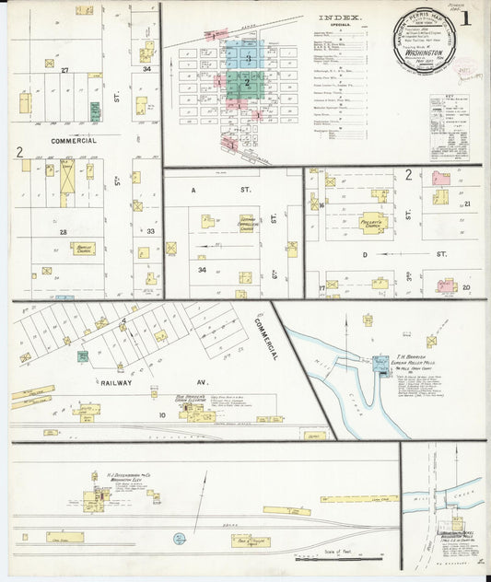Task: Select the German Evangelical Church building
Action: [x=247, y=223]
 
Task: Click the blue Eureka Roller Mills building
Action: [x=380, y=365]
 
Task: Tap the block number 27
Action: [x=64, y=70]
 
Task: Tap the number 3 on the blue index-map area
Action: [x=248, y=58]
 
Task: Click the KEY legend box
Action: [x=449, y=115]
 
